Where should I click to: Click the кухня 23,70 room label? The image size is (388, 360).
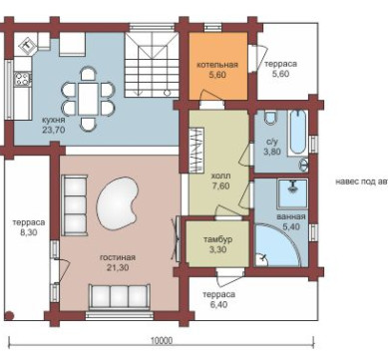53,125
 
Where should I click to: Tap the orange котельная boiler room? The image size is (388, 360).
218,66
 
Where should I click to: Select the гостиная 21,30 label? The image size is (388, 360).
118,262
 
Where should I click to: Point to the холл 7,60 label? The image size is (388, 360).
220,180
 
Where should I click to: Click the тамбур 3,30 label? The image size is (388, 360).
217,244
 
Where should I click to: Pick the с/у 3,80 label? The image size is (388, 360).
272,147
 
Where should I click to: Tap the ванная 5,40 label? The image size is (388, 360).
291,221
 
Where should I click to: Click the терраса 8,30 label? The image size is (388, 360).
29,227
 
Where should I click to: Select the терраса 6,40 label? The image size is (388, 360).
218,299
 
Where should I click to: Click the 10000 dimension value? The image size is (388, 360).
162,341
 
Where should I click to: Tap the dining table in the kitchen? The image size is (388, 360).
88,99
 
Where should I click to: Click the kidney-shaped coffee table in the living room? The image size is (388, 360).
117,203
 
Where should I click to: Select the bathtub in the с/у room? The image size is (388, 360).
297,133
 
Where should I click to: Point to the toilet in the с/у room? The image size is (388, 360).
271,118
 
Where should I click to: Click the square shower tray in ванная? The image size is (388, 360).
292,192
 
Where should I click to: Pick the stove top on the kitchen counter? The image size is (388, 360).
22,79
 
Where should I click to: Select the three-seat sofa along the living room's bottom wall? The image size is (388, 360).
119,297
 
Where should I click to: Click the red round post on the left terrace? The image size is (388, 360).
9,315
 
